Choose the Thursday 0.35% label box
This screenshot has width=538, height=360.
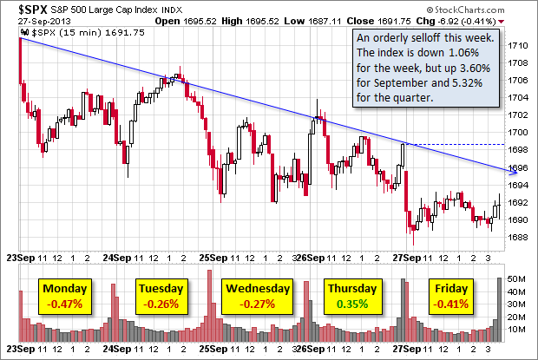pyautogui.click(x=351, y=297)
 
